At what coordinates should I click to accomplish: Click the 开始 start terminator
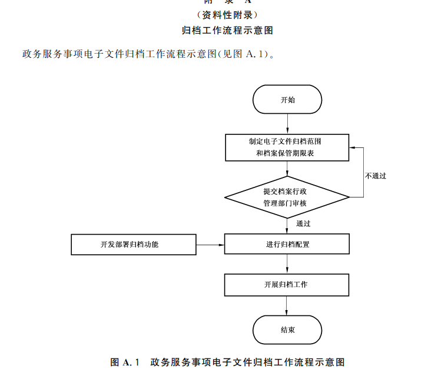[287, 100]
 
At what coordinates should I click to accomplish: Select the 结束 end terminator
[287, 330]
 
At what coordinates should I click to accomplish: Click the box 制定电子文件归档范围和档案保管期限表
[287, 147]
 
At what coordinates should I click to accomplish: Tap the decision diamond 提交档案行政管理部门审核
[287, 197]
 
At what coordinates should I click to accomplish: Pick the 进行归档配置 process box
[287, 244]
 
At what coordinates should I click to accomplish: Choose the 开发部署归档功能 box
[134, 244]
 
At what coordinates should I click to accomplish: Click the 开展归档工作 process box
[287, 285]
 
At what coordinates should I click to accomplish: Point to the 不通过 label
[376, 176]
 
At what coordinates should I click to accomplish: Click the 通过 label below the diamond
[304, 223]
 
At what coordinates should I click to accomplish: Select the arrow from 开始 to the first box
[287, 124]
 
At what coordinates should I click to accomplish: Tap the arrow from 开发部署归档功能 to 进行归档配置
[210, 244]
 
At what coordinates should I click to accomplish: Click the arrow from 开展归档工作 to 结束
[287, 305]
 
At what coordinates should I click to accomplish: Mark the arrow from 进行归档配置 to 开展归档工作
[287, 264]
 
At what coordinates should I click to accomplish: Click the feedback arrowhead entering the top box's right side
[353, 147]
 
